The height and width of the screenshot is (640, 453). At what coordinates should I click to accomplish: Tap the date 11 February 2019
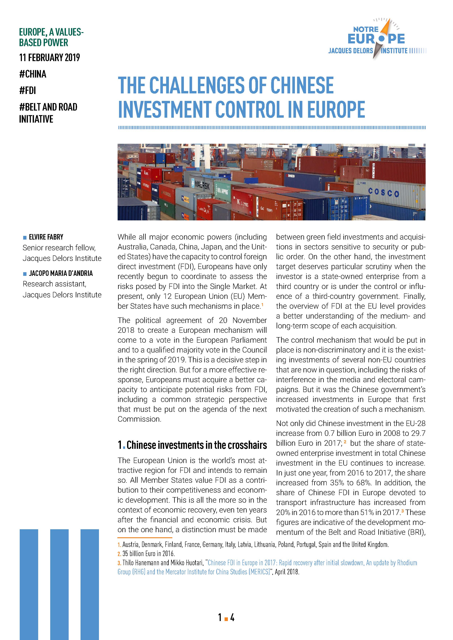49,58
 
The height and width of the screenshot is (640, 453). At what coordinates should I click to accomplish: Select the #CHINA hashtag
33,74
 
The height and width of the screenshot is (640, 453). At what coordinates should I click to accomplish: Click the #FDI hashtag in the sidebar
27,91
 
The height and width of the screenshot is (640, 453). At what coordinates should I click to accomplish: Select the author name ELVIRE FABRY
46,237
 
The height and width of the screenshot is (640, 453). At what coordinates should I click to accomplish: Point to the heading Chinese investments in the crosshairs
197,445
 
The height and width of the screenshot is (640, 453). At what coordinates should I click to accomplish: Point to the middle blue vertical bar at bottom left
59,584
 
